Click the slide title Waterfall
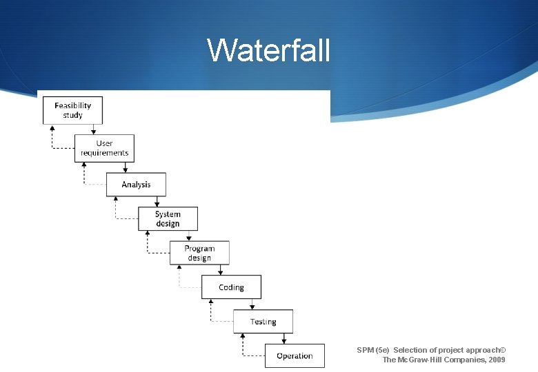269,50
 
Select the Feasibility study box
72,110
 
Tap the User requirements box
104,148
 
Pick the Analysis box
136,185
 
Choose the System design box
168,219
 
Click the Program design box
199,253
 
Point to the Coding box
231,287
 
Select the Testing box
263,322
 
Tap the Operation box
295,356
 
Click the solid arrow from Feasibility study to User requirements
93,129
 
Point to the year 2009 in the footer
496,360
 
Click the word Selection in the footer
410,350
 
